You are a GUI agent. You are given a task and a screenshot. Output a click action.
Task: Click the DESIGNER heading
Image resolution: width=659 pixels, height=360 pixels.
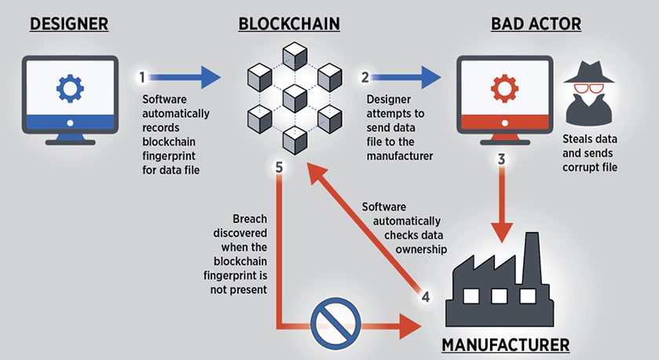68,24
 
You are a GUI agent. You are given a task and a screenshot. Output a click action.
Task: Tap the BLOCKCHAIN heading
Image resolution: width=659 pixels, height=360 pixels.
289,24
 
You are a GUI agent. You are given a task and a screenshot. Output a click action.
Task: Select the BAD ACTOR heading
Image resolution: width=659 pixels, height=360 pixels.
536,24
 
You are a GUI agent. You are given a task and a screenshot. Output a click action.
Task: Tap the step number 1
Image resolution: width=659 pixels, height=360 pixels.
142,78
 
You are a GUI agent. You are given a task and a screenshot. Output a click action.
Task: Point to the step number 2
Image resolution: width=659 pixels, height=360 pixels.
364,78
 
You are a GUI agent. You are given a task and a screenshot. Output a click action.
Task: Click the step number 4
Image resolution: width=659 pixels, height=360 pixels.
426,297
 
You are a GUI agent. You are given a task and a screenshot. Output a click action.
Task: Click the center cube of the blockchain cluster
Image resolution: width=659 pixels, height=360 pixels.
294,97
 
